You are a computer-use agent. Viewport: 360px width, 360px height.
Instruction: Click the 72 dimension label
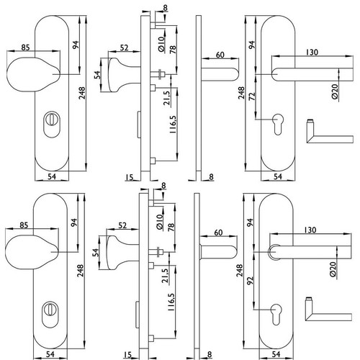tap(252, 96)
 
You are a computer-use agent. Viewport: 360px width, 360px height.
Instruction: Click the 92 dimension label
tap(250, 281)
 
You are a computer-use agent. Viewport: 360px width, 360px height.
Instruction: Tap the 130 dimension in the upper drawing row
tap(312, 52)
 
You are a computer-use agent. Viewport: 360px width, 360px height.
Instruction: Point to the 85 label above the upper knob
tap(25, 48)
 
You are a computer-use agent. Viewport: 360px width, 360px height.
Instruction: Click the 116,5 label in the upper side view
tap(173, 125)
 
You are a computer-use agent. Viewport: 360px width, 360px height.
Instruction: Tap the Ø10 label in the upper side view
tap(161, 44)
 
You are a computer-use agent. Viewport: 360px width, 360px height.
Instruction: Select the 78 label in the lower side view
tap(171, 227)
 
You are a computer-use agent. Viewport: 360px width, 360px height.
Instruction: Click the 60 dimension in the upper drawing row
tap(220, 55)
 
